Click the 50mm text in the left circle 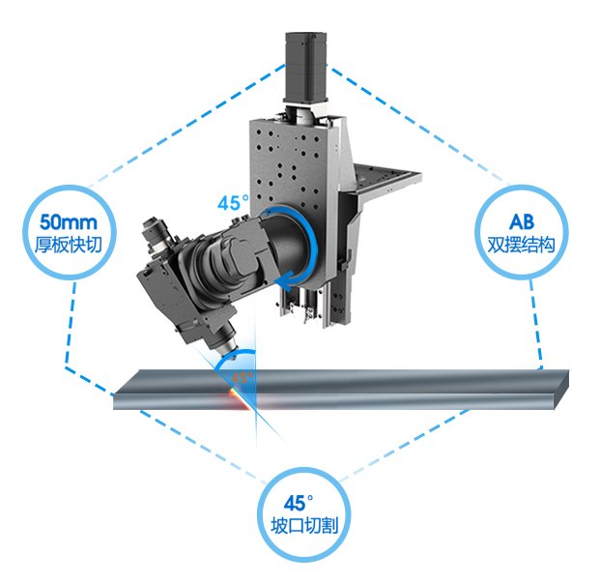[x=69, y=222]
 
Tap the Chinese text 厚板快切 [x=69, y=245]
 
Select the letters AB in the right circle [x=522, y=221]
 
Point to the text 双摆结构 [x=521, y=245]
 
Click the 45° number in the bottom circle [x=299, y=503]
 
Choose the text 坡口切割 [x=304, y=525]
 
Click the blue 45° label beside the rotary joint [x=233, y=203]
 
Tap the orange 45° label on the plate [x=242, y=378]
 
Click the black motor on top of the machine [x=305, y=68]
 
